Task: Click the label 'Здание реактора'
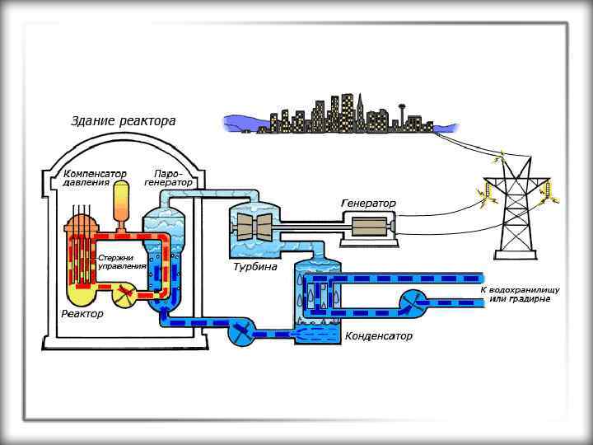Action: point(123,121)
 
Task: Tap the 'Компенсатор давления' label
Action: point(95,178)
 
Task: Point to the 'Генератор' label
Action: point(368,203)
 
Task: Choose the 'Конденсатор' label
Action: point(379,336)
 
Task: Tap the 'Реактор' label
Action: point(82,314)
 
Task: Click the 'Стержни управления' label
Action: point(122,262)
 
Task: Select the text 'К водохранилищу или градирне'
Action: point(520,294)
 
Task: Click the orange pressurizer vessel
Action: point(122,201)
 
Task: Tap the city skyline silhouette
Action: point(329,115)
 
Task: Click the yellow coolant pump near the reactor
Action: point(125,293)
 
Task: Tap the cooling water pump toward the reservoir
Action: point(412,302)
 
